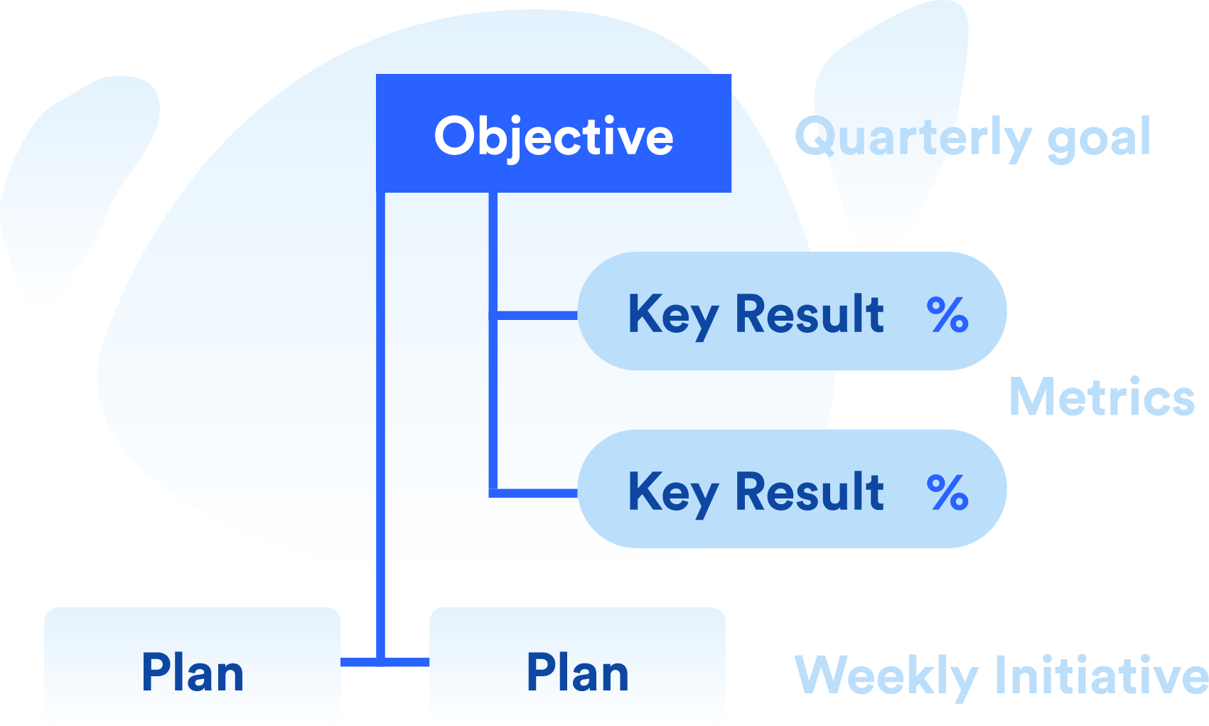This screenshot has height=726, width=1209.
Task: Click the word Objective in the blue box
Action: pyautogui.click(x=554, y=138)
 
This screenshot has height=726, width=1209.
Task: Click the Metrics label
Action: pyautogui.click(x=1102, y=397)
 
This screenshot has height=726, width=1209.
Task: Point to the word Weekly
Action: pyautogui.click(x=886, y=677)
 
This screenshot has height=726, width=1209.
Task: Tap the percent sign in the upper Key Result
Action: pyautogui.click(x=947, y=314)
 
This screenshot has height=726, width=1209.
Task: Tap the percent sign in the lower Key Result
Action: pyautogui.click(x=947, y=492)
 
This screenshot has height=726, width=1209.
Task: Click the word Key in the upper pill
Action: pyautogui.click(x=673, y=316)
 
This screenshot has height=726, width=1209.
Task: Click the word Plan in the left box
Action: pyautogui.click(x=193, y=672)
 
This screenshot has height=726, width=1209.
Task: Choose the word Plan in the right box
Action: pyautogui.click(x=578, y=672)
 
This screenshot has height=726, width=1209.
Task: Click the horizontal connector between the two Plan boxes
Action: pyautogui.click(x=385, y=662)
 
